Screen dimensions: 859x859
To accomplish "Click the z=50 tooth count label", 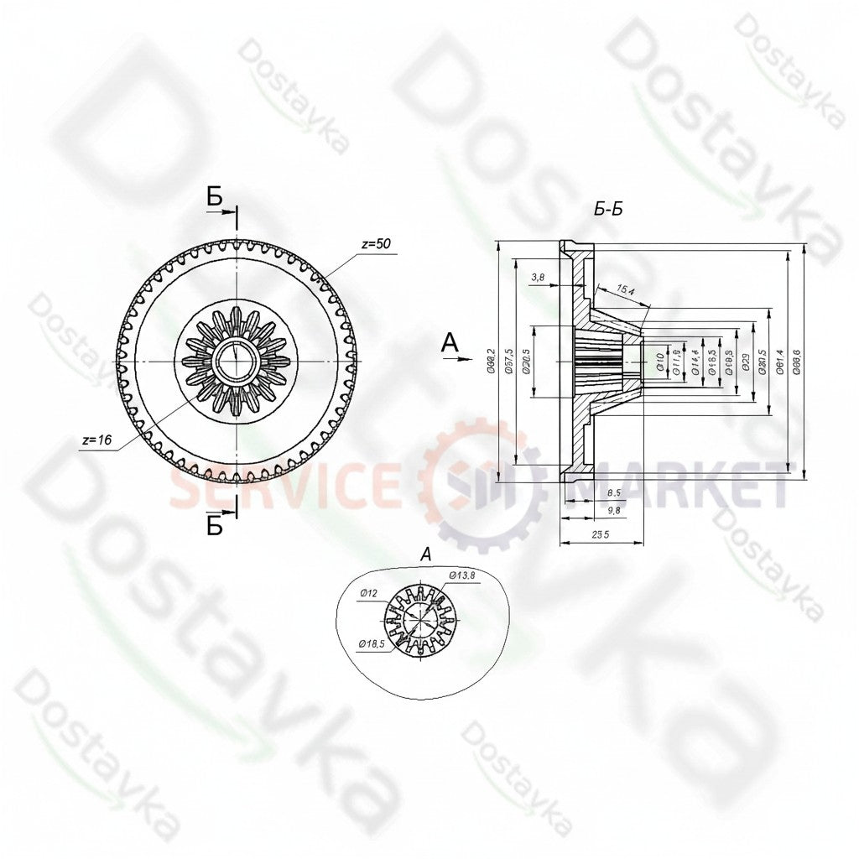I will (x=376, y=244).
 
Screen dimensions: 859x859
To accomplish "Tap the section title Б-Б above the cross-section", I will (x=608, y=210).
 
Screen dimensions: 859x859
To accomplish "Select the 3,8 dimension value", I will (x=539, y=276).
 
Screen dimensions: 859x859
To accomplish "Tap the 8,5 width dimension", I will (x=613, y=493).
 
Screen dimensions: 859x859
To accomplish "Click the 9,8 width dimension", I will (x=613, y=509).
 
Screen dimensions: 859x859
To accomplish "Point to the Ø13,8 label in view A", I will (x=462, y=575).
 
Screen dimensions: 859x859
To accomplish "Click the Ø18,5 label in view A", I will (x=371, y=643).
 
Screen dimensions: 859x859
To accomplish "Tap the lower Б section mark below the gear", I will (x=216, y=526).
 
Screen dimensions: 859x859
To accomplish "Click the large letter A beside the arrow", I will (x=451, y=341).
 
